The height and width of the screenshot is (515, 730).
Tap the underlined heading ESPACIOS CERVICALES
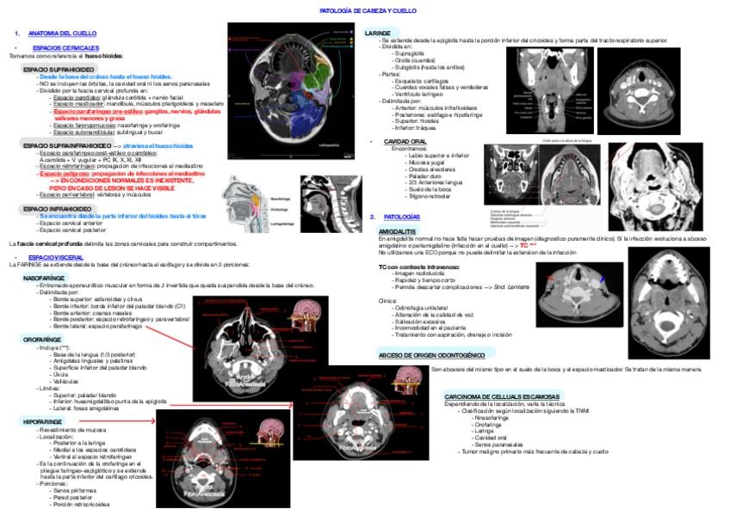pyautogui.click(x=65, y=47)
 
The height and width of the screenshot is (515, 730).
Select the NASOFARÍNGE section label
pyautogui.click(x=44, y=279)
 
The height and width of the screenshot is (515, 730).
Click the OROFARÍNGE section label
pyautogui.click(x=41, y=340)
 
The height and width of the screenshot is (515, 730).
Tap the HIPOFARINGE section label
pyautogui.click(x=40, y=421)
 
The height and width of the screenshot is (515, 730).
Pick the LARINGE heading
pyautogui.click(x=379, y=33)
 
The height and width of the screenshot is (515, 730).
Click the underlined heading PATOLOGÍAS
pyautogui.click(x=402, y=217)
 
